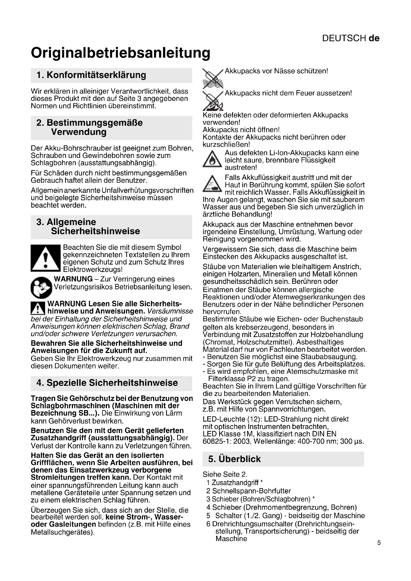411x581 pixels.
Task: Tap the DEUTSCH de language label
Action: pyautogui.click(x=351, y=38)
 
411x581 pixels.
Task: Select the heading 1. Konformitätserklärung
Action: pyautogui.click(x=91, y=75)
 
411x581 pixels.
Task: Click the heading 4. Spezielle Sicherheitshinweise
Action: pyautogui.click(x=107, y=383)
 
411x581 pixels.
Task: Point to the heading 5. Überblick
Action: pyautogui.click(x=234, y=459)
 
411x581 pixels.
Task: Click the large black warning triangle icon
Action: pyautogui.click(x=45, y=258)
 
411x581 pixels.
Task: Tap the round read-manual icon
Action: pyautogui.click(x=41, y=287)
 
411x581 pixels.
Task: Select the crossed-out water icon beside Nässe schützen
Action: pyautogui.click(x=213, y=79)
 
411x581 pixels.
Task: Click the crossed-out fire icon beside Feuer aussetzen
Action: pyautogui.click(x=213, y=101)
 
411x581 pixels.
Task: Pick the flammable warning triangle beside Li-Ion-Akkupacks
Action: pyautogui.click(x=212, y=159)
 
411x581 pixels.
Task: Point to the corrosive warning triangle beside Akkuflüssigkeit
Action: pyautogui.click(x=212, y=184)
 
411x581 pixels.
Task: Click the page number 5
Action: pyautogui.click(x=379, y=542)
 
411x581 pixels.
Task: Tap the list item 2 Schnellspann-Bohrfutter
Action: pyautogui.click(x=248, y=491)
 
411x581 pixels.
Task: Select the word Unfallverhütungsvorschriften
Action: pyautogui.click(x=148, y=190)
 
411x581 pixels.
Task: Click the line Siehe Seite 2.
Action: pyautogui.click(x=225, y=474)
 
